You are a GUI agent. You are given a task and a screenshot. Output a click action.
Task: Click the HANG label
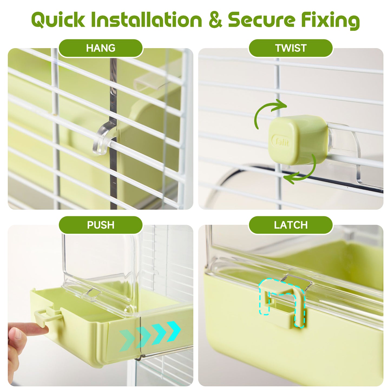[101, 48]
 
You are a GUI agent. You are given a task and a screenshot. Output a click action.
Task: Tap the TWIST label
[291, 48]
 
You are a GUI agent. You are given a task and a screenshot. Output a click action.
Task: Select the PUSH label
[101, 225]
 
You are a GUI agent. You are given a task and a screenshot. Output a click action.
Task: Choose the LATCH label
[291, 225]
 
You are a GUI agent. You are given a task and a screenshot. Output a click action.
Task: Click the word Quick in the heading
[58, 20]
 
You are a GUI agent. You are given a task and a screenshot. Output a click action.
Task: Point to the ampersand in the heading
[216, 20]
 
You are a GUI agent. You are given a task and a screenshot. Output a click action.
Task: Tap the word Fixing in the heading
[330, 21]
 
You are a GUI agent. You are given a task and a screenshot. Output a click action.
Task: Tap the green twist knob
[298, 140]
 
